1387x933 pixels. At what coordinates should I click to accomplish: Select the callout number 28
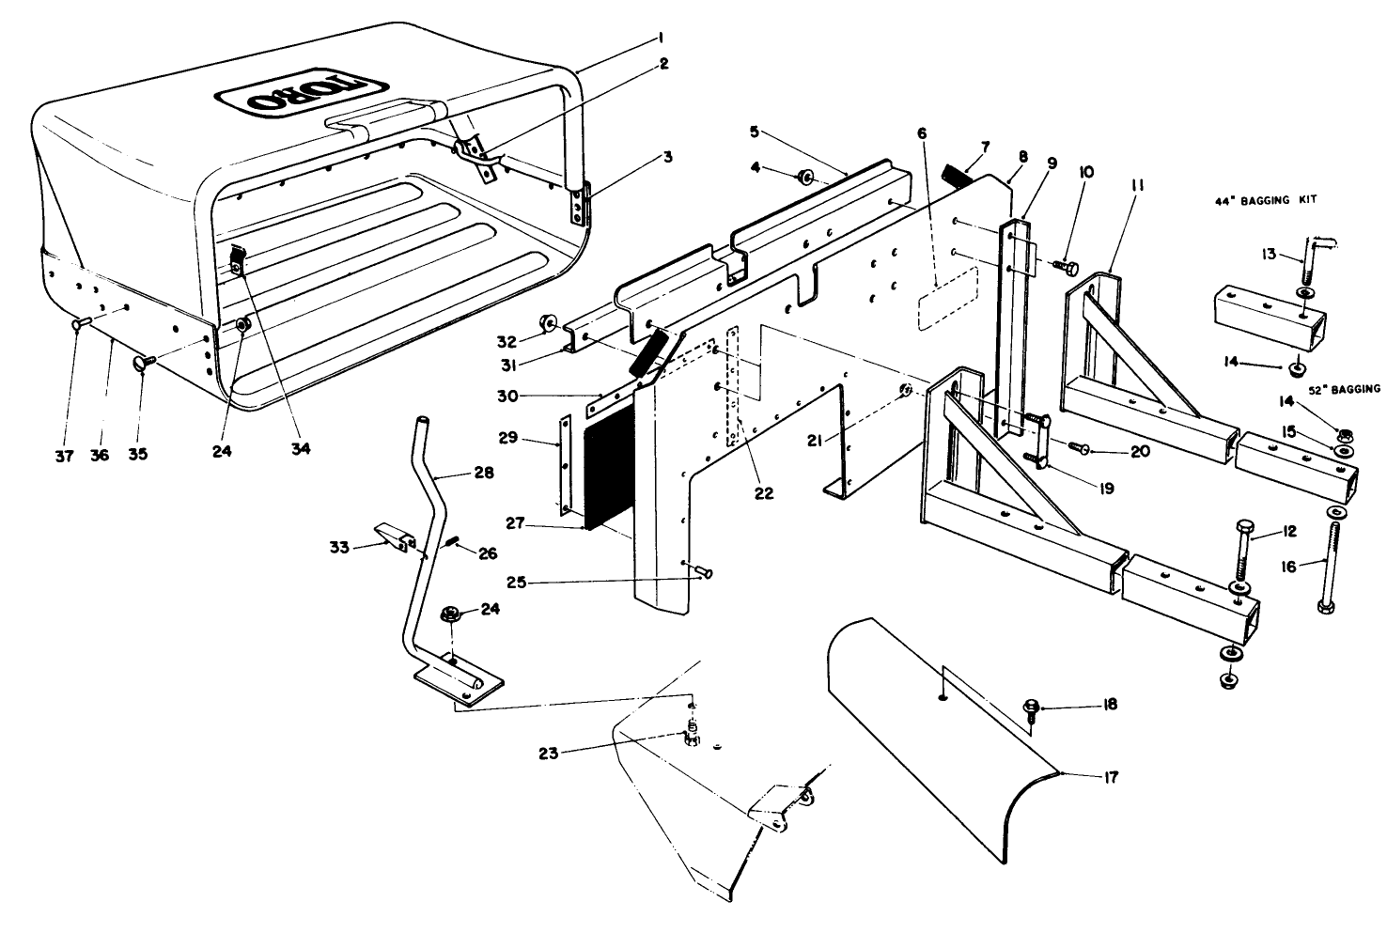(x=484, y=474)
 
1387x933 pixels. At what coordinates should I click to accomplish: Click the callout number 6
(x=922, y=133)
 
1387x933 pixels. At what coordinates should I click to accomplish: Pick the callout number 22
(x=764, y=492)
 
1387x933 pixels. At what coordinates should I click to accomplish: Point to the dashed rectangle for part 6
(x=947, y=296)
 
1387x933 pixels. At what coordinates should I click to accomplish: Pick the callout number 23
(x=552, y=753)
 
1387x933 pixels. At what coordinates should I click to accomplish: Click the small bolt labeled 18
(x=1031, y=707)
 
